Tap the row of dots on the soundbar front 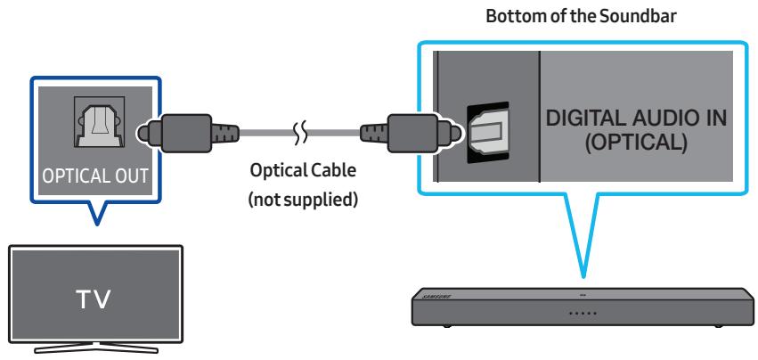[x=583, y=313]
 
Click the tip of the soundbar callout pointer [x=583, y=274]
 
